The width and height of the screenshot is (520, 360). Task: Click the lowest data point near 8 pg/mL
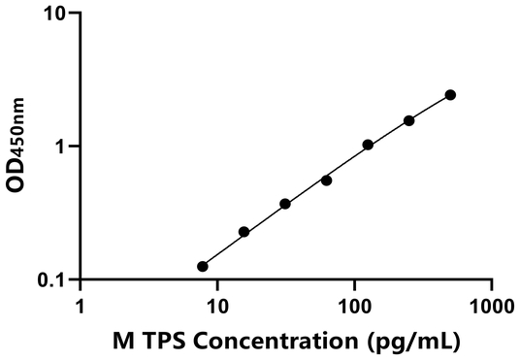[x=202, y=266]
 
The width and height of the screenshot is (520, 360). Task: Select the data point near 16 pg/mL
[x=244, y=232]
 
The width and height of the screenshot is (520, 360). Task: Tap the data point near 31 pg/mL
[x=285, y=204]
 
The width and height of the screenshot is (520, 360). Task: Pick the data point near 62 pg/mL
[x=326, y=180]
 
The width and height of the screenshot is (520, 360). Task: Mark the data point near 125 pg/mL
[x=368, y=145]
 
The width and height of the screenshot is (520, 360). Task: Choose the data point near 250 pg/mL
[x=409, y=120]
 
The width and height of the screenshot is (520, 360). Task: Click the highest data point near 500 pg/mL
[x=450, y=94]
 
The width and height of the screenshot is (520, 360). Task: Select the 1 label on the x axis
[x=80, y=306]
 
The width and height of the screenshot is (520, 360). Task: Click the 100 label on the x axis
[x=354, y=306]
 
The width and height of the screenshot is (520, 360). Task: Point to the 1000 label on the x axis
[x=491, y=306]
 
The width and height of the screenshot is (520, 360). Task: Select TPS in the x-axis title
[x=160, y=341]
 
